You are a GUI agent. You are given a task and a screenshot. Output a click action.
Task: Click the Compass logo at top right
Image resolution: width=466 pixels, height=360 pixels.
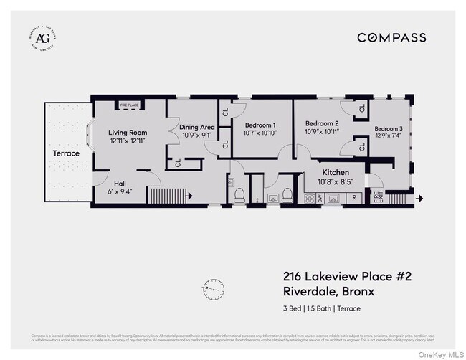coord(391,37)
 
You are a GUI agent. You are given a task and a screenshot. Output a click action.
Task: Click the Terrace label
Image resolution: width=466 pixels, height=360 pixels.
coord(66,153)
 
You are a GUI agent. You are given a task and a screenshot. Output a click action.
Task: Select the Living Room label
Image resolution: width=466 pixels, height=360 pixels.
coord(128,133)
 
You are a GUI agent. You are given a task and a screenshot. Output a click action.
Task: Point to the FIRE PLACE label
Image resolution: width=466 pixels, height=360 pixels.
coord(129,105)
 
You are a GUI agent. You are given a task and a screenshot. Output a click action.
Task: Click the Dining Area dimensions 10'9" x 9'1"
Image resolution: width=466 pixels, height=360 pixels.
coord(196,135)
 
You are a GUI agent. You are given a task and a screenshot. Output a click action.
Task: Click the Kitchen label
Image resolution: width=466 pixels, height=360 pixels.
coord(336,173)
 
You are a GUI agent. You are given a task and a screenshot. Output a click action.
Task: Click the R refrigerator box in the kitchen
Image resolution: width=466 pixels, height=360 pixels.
coord(354,199)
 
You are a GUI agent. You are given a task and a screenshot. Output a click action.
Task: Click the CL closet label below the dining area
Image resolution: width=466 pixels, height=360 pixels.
coord(178,163)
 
